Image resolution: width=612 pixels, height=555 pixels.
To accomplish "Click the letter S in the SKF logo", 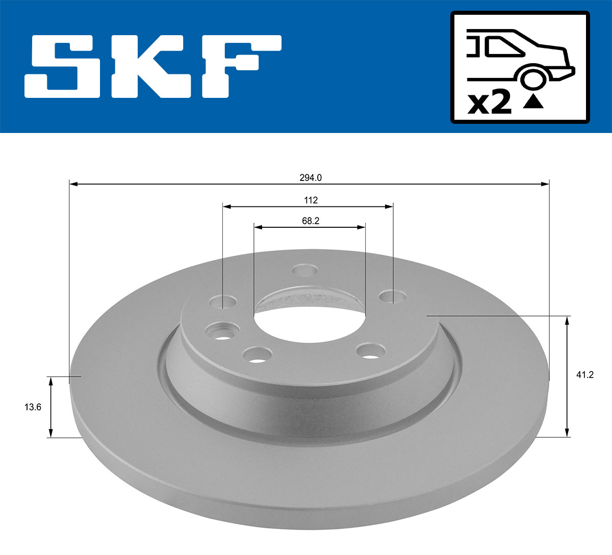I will pos(62,66).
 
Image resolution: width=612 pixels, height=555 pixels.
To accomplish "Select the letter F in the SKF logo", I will pos(240,66).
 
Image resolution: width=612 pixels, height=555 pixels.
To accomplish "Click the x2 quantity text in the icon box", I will pos(490,103).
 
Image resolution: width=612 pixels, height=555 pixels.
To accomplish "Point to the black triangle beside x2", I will pos(533,102).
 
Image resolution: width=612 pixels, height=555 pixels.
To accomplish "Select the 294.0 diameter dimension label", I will pos(310,178).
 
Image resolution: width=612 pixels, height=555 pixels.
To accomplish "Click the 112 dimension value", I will pos(311,200).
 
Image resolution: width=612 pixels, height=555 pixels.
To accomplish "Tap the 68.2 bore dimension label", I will pos(310,221).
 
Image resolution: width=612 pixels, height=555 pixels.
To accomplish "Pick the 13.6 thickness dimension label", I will pos(33,407).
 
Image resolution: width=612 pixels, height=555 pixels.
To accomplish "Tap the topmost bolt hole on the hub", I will pos(306,270).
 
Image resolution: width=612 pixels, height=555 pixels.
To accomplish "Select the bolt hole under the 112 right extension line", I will pos(393,296).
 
